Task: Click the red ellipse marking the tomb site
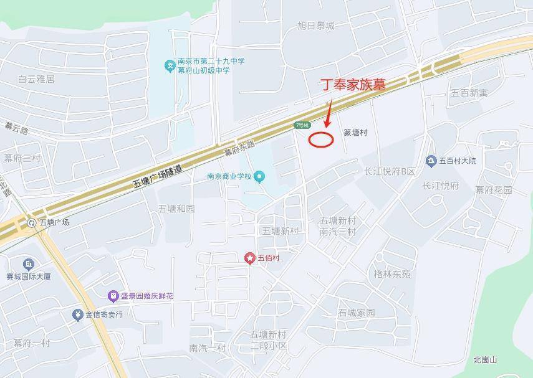(321, 139)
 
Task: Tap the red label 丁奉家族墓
(352, 85)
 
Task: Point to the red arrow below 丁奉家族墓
(328, 116)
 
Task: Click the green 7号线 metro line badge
(302, 126)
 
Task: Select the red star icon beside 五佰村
(250, 258)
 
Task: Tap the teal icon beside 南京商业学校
(259, 177)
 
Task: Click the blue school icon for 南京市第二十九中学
(169, 65)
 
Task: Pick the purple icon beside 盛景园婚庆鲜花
(113, 296)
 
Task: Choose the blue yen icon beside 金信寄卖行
(77, 314)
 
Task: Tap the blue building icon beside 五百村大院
(431, 161)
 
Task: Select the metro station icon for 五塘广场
(32, 222)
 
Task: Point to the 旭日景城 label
(316, 26)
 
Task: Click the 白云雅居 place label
(36, 79)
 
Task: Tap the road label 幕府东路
(240, 148)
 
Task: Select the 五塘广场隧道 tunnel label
(158, 176)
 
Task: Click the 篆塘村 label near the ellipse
(355, 133)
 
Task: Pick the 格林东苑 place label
(392, 274)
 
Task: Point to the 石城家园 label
(356, 313)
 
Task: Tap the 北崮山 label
(485, 360)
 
